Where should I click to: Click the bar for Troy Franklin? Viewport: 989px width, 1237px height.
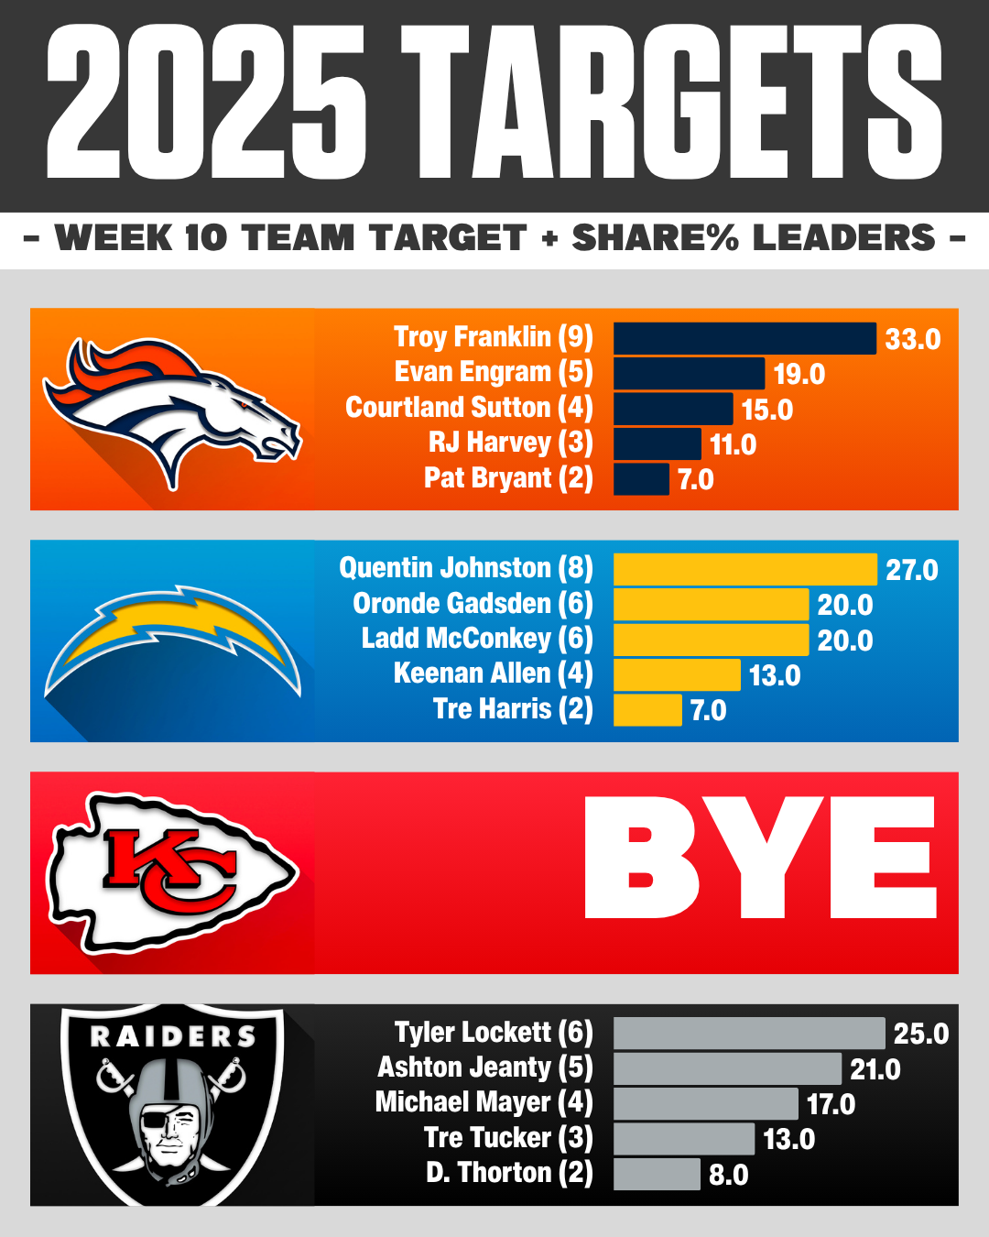click(x=744, y=338)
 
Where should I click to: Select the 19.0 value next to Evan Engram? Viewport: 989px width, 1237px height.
click(x=799, y=374)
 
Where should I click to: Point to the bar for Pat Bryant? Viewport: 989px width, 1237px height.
click(x=641, y=479)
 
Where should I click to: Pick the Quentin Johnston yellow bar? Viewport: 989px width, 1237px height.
click(x=744, y=569)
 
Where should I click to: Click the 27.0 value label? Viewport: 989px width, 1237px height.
click(x=911, y=570)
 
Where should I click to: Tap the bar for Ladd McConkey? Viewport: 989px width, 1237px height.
click(x=711, y=640)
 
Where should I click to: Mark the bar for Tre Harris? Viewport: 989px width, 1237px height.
click(x=647, y=710)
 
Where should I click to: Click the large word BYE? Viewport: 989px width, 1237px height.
click(x=760, y=858)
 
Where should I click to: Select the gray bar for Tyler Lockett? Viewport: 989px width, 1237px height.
click(x=749, y=1034)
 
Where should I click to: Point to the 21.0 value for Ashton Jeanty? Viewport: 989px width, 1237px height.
click(x=875, y=1069)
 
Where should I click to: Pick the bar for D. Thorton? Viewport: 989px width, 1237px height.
click(x=657, y=1174)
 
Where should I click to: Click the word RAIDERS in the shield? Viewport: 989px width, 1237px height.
click(x=172, y=1036)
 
